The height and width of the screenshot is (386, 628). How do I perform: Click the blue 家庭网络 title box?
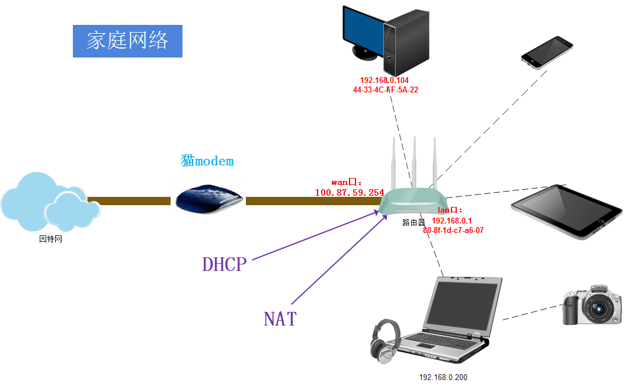coord(127,41)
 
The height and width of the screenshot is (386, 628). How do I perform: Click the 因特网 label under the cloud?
coord(50,240)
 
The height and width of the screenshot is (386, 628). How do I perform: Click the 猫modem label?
coord(207,161)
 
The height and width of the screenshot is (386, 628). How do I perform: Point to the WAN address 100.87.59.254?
coord(350,193)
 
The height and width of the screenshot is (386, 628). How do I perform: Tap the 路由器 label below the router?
coord(414,223)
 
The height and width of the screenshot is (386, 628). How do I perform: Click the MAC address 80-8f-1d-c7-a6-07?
coord(453,231)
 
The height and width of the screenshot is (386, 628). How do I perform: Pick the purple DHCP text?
coord(224,264)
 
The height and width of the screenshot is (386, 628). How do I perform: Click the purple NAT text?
coord(280,318)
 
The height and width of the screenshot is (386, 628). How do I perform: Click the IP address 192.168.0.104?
coord(385,80)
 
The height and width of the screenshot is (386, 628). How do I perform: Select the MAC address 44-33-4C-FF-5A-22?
coord(386,90)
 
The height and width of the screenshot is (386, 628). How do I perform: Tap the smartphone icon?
coord(547,52)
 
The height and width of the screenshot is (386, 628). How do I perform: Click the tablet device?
coord(567,211)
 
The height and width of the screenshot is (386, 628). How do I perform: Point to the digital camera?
coord(591,305)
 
